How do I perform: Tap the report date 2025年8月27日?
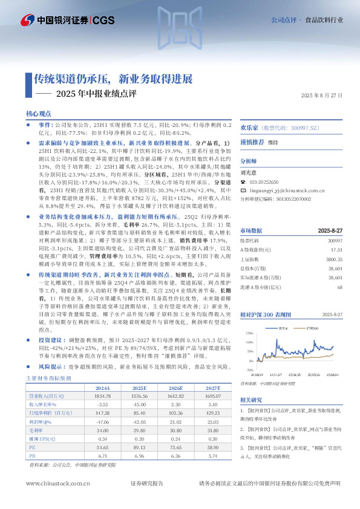(x=322, y=95)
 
